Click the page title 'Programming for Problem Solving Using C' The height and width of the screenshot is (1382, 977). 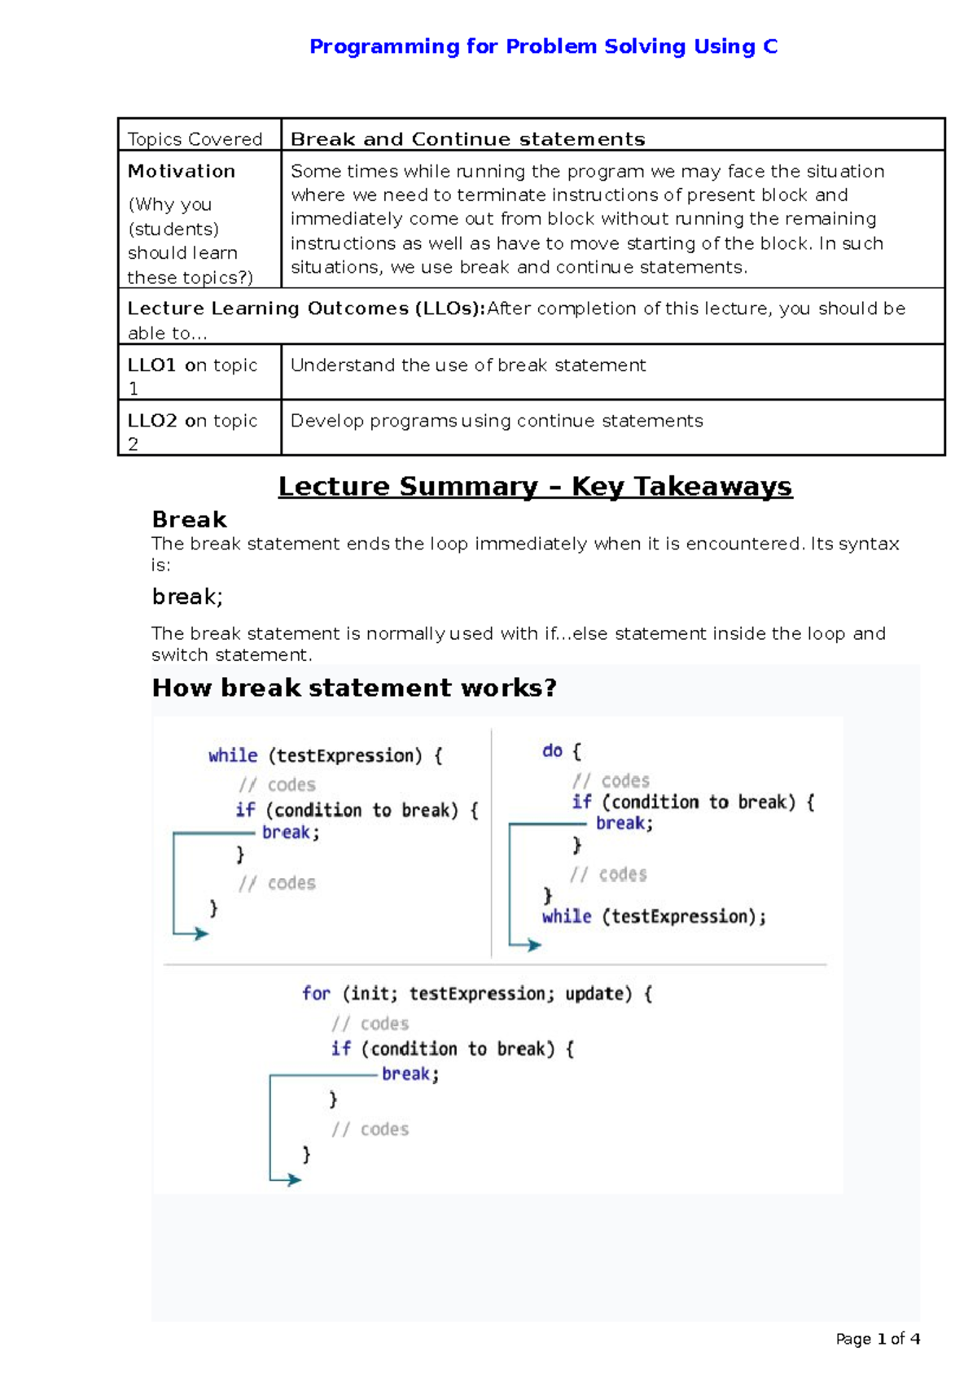click(543, 46)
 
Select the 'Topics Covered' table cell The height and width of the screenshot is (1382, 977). click(195, 139)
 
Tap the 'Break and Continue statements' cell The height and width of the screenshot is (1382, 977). click(467, 139)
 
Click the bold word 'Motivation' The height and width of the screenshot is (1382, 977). click(182, 171)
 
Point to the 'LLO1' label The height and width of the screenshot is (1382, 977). click(151, 365)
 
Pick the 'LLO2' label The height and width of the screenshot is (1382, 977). click(152, 421)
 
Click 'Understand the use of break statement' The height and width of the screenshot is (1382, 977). click(467, 365)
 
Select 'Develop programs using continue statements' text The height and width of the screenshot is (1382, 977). click(496, 421)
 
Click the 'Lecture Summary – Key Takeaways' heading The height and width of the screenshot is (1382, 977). click(535, 486)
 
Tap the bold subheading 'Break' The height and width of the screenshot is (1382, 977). click(189, 519)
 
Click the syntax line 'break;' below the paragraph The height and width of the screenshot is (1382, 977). click(187, 597)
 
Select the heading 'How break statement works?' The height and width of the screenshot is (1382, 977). click(354, 688)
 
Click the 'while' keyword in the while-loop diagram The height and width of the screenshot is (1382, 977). click(233, 755)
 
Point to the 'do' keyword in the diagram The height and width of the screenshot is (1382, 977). click(552, 750)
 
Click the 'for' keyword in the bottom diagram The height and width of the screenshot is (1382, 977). click(316, 993)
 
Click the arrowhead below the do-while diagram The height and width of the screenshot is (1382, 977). click(534, 945)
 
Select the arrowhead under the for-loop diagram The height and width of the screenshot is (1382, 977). click(294, 1179)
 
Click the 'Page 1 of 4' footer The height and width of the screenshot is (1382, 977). click(877, 1338)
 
